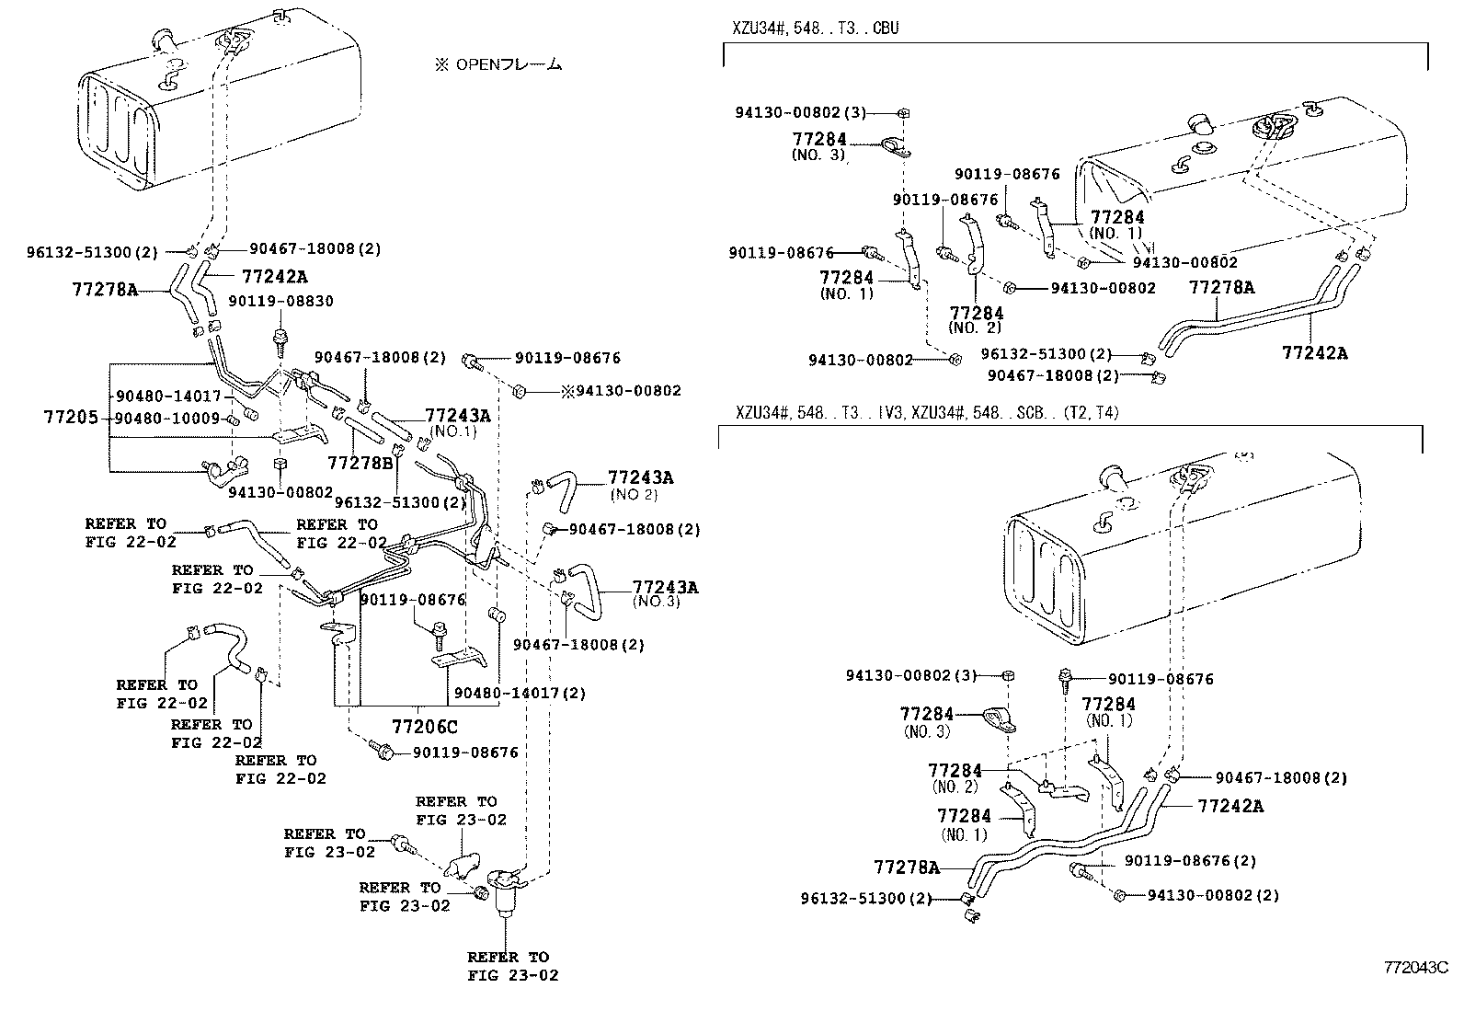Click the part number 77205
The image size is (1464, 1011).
70,418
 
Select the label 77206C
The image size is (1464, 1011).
424,727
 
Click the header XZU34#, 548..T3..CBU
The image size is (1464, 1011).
815,29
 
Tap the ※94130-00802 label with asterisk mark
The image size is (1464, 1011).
622,391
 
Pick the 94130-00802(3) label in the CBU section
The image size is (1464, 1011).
800,112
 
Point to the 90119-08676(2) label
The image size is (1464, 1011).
1190,861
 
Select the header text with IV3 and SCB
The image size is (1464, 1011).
926,413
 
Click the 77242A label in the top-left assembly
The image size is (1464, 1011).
275,276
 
